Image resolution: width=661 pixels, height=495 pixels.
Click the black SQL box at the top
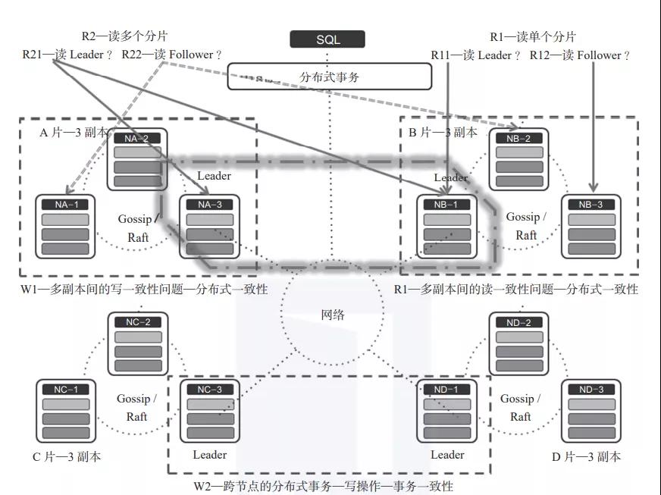327,39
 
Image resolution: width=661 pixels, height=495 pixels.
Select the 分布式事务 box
330,77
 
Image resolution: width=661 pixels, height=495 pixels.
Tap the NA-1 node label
66,205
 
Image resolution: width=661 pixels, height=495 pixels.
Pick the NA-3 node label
209,205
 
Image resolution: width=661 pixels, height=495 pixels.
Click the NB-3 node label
591,205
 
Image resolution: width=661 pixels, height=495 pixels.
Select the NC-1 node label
66,389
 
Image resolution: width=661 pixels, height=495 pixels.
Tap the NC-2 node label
137,322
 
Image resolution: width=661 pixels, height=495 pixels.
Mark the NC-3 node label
209,389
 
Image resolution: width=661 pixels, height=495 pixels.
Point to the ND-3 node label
591,389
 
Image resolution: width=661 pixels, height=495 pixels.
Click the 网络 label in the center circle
333,315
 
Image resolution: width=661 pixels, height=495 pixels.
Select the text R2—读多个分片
124,36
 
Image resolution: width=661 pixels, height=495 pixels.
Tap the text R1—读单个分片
532,36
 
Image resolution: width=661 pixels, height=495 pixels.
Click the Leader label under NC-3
209,455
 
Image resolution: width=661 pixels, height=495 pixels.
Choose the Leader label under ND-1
447,455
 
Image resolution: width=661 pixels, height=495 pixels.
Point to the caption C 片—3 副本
67,457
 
